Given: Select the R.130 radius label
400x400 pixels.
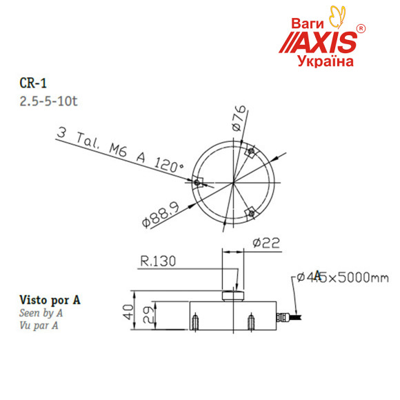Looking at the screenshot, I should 158,261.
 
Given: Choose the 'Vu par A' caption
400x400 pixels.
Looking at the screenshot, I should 38,325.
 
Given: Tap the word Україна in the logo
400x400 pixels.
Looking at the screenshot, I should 325,62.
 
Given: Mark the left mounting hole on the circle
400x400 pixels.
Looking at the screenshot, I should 199,182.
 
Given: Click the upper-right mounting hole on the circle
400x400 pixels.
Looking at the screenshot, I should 252,152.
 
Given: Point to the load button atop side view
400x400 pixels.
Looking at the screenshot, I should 232,296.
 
